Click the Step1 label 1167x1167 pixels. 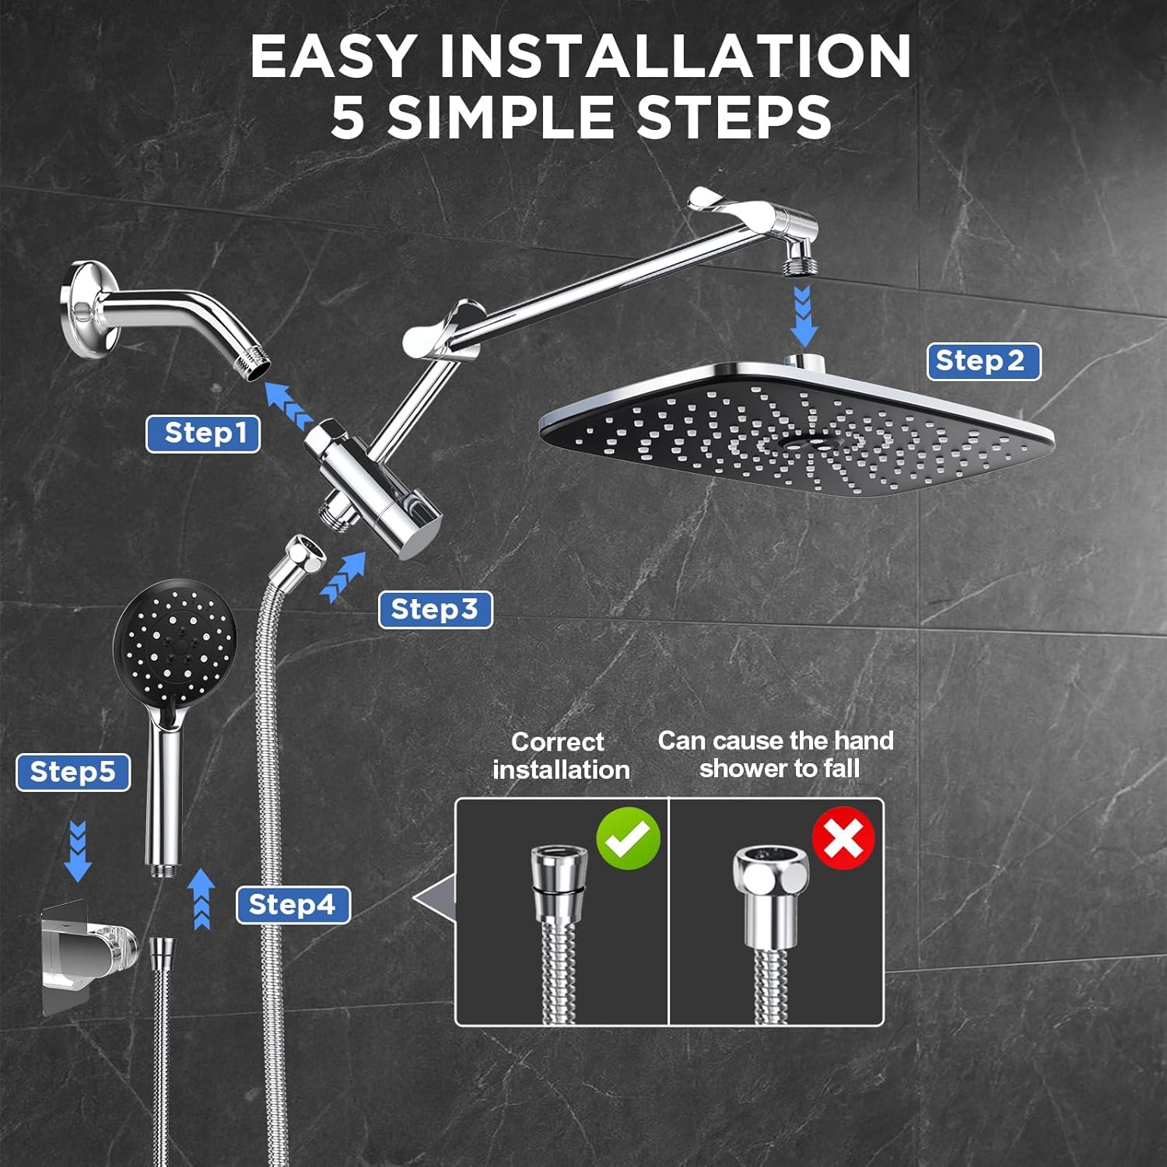point(203,433)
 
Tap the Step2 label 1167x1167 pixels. point(983,361)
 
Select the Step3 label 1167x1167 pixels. point(435,610)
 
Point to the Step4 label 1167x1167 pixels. point(293,905)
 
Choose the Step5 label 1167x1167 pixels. point(73,773)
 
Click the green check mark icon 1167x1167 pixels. point(629,837)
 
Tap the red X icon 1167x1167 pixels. point(843,837)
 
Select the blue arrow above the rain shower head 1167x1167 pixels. point(802,316)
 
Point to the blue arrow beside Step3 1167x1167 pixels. point(344,577)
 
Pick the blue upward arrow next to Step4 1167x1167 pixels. point(202,899)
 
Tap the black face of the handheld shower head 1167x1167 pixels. point(175,640)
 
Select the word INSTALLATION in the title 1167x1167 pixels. point(675,56)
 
